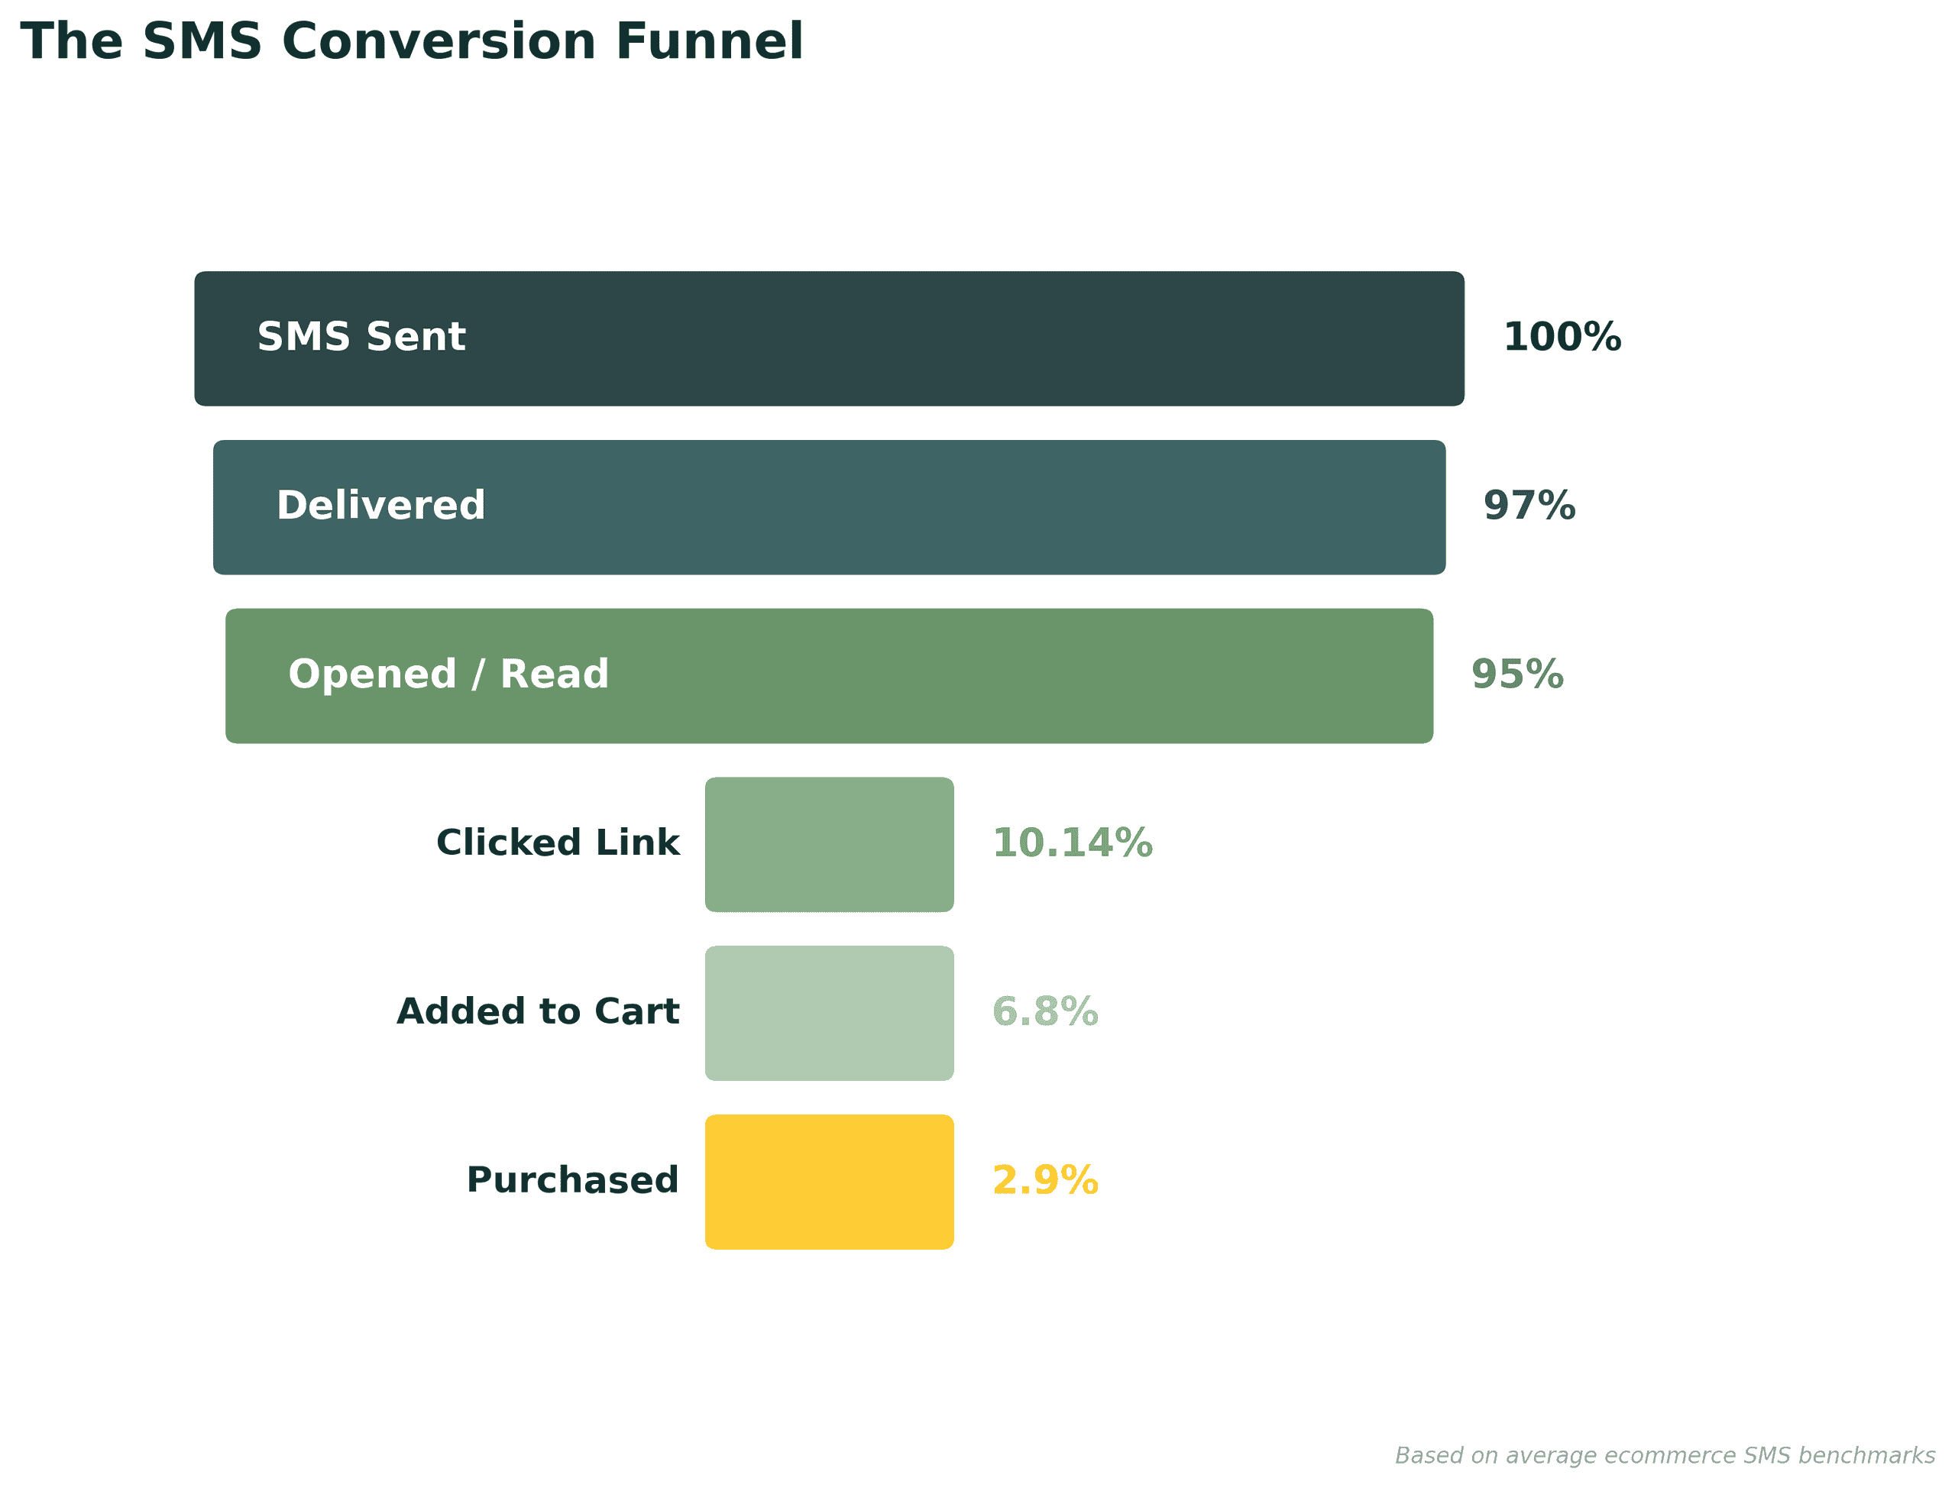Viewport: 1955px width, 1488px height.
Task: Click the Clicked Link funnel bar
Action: pyautogui.click(x=828, y=844)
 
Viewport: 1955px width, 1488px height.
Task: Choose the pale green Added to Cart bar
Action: pyautogui.click(x=828, y=1012)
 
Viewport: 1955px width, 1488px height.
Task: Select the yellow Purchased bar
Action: pyautogui.click(x=828, y=1182)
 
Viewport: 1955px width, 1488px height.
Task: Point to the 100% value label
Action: pyautogui.click(x=1561, y=338)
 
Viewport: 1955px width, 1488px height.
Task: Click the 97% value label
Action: pyautogui.click(x=1529, y=506)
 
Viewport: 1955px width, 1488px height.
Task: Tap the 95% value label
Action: pyautogui.click(x=1516, y=674)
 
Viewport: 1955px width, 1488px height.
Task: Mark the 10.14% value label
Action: pyautogui.click(x=1072, y=843)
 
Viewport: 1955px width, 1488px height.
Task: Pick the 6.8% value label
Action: pyautogui.click(x=1044, y=1011)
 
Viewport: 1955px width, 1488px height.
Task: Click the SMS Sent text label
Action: pyautogui.click(x=361, y=338)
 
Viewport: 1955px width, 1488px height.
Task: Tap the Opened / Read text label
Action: pyautogui.click(x=448, y=674)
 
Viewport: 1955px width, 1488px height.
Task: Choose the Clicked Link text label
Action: pyautogui.click(x=557, y=843)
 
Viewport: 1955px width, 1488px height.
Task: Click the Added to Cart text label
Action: pyautogui.click(x=537, y=1011)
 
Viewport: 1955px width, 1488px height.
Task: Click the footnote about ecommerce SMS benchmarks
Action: pyautogui.click(x=1665, y=1455)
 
